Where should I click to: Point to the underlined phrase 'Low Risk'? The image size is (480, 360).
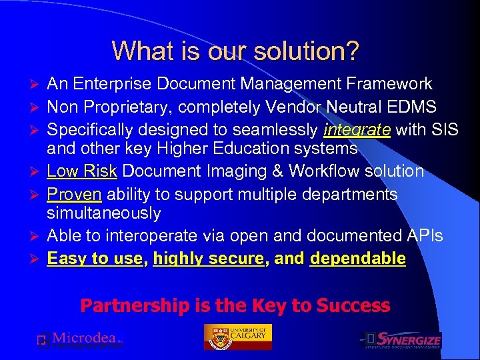point(81,171)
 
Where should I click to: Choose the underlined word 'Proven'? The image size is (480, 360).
point(74,194)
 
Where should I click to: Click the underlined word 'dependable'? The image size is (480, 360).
point(358,258)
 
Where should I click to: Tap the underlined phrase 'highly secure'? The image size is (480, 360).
point(209,258)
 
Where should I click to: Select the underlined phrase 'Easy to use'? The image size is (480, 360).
point(95,258)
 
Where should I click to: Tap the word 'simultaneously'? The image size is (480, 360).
point(103,213)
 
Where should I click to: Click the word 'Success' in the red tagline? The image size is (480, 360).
point(353,306)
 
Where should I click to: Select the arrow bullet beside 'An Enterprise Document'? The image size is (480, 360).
point(37,85)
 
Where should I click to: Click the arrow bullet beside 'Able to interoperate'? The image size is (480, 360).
point(37,236)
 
